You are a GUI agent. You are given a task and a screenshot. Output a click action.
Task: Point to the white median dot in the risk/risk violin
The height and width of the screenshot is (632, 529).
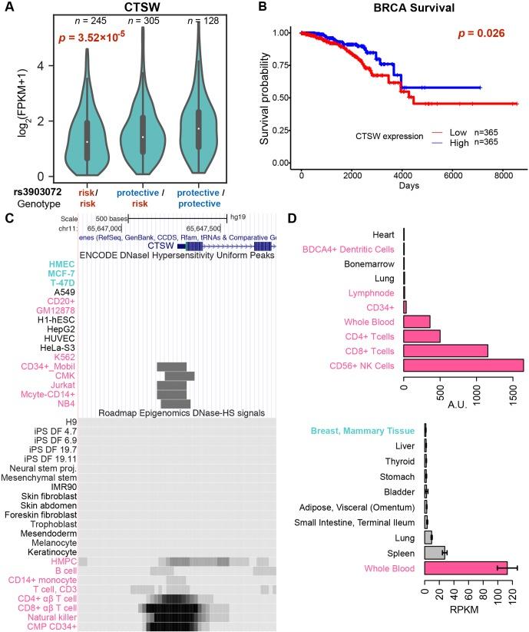click(x=87, y=142)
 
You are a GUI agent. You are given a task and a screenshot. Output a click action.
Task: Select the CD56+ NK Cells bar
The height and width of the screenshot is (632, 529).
click(x=463, y=365)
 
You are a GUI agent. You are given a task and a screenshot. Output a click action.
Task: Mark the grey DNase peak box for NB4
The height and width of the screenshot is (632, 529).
click(x=176, y=403)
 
